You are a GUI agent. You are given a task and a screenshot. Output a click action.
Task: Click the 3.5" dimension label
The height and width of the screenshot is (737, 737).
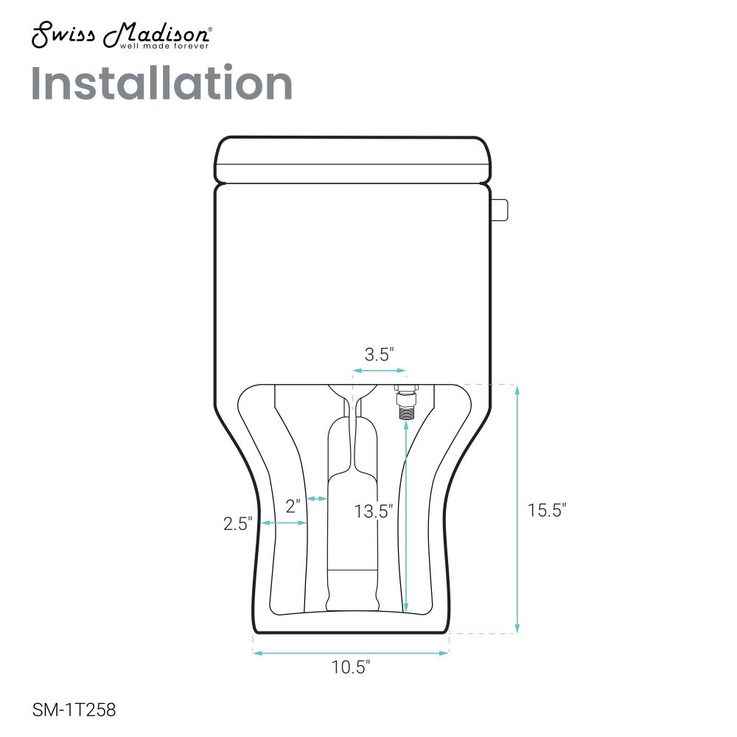(379, 354)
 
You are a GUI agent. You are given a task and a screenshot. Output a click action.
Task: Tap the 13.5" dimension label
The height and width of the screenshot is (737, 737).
(373, 511)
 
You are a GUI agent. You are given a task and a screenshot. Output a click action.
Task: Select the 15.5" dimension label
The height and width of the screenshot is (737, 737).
(547, 510)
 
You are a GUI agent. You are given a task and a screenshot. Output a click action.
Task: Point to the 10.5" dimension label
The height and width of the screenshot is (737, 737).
(351, 667)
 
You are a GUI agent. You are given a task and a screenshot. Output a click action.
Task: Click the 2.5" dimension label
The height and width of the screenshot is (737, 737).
(238, 523)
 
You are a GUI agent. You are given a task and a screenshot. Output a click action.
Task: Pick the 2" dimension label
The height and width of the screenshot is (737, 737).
(293, 506)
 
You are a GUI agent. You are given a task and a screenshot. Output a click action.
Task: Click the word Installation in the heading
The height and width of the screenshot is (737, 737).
(161, 83)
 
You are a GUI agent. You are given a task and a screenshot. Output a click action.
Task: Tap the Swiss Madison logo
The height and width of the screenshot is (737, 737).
(122, 35)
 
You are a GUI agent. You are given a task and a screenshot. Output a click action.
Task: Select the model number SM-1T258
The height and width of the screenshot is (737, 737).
(74, 710)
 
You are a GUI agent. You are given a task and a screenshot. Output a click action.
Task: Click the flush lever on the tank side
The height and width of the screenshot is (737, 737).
(499, 209)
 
